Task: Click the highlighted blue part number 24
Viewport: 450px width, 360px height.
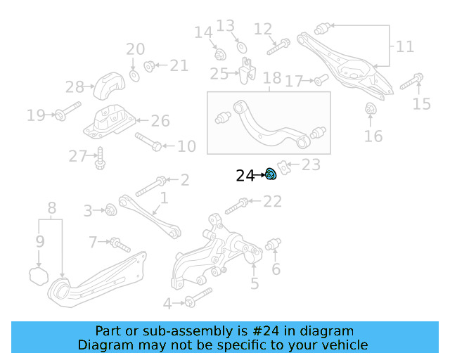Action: tap(271, 174)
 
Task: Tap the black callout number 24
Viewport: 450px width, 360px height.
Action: tap(245, 176)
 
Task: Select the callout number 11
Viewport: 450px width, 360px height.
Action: tap(405, 47)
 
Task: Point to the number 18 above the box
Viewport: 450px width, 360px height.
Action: tap(271, 78)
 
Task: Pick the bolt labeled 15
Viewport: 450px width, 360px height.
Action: tap(411, 82)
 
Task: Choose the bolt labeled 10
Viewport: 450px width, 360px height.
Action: tap(148, 142)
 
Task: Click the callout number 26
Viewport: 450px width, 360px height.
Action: tap(160, 121)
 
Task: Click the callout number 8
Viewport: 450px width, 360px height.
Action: tap(51, 208)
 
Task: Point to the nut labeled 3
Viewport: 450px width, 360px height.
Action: tap(110, 209)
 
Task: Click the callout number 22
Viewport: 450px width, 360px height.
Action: tap(272, 202)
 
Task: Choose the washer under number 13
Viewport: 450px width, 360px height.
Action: tap(240, 46)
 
